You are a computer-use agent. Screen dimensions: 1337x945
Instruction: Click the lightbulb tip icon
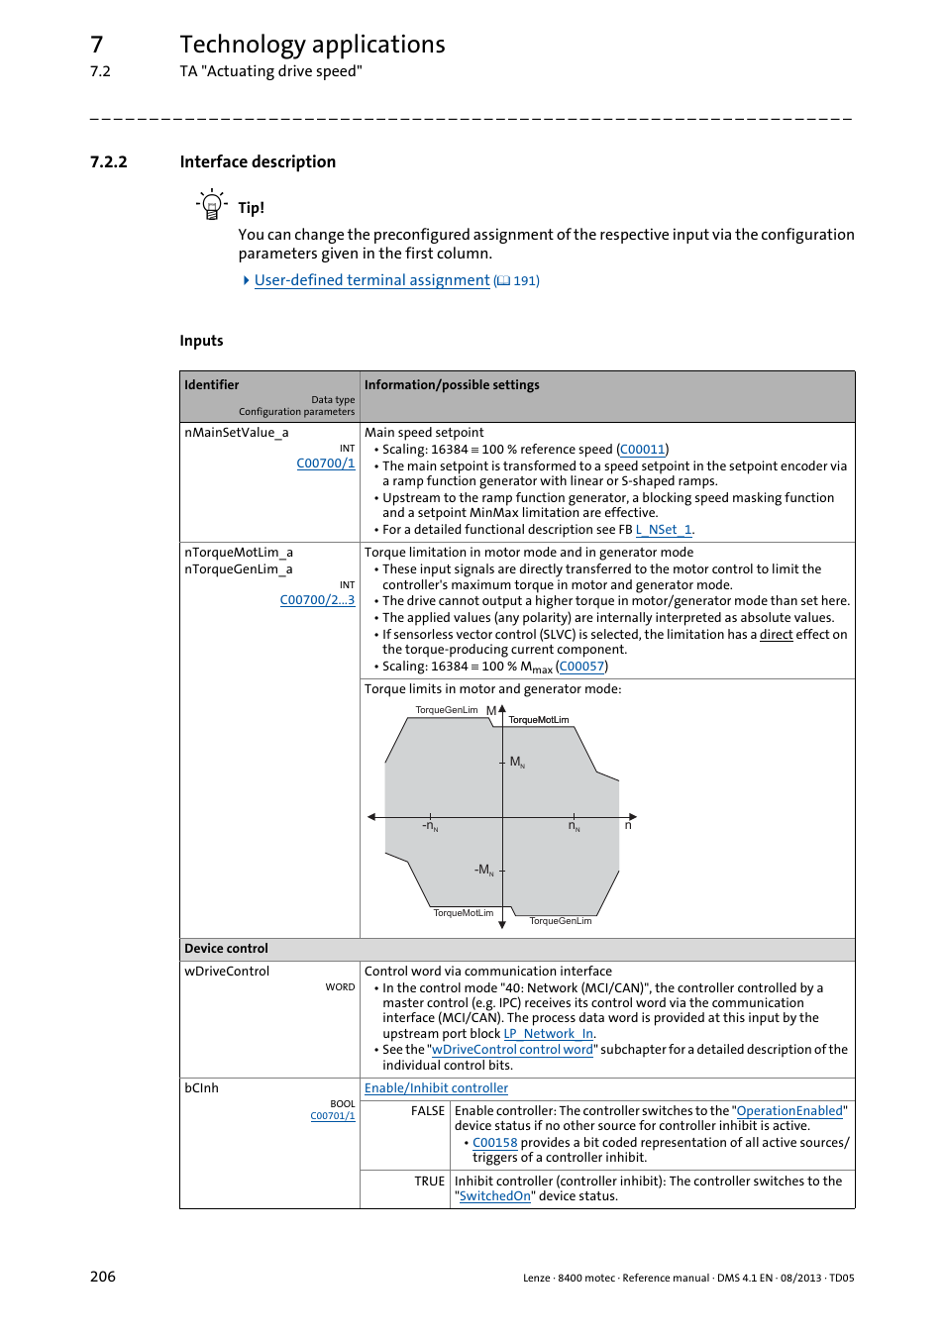coord(211,205)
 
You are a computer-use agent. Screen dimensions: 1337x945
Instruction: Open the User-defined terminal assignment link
coord(371,280)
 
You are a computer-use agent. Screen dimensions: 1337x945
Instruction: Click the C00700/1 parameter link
coord(325,463)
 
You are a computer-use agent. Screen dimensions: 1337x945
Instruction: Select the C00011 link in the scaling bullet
coord(642,450)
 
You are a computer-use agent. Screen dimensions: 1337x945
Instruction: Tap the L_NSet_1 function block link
coord(663,530)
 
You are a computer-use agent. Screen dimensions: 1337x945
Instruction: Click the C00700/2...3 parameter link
coord(317,600)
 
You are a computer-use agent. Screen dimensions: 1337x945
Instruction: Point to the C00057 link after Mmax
coord(581,667)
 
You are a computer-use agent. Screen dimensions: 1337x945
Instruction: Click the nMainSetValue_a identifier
coord(236,433)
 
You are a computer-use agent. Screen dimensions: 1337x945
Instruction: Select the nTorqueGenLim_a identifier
coord(238,569)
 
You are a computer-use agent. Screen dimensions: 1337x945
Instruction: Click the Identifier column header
coord(211,385)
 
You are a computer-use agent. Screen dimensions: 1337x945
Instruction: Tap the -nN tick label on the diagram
coord(430,826)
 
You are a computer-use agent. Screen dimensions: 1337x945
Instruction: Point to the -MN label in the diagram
coord(483,870)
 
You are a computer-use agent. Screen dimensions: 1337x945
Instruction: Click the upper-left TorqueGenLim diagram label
coord(446,710)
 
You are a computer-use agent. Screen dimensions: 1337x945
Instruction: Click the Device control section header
coord(226,949)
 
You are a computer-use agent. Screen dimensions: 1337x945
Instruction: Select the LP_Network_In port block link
coord(548,1034)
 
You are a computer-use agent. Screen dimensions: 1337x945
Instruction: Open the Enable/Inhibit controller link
coord(436,1088)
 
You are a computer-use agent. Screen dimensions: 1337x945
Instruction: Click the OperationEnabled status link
coord(788,1111)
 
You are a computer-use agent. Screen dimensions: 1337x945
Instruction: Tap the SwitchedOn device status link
coord(494,1196)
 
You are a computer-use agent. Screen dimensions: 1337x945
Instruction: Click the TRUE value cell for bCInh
coord(429,1182)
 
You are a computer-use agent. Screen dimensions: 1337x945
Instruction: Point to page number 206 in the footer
coord(103,1277)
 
